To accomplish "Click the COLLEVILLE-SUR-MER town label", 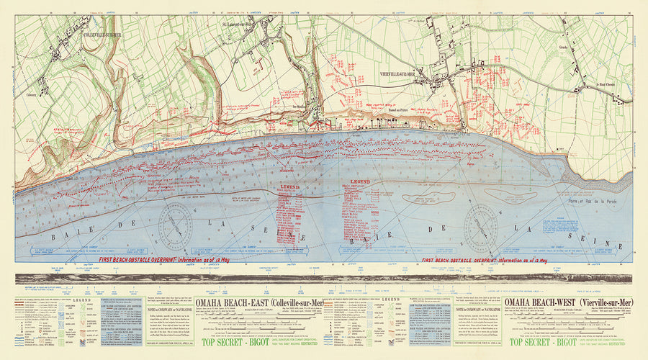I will coord(103,35).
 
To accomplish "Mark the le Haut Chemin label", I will coord(608,86).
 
